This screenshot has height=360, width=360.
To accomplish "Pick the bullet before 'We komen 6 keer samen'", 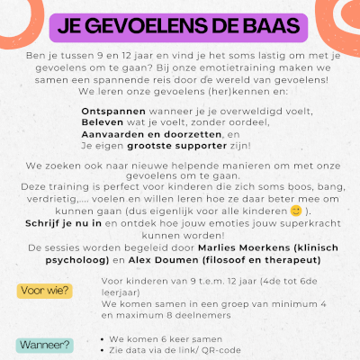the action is [94, 338].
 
